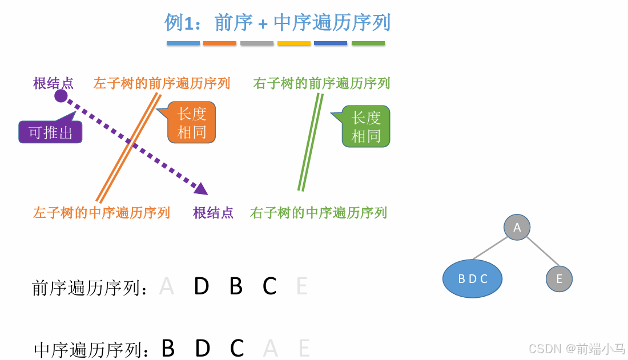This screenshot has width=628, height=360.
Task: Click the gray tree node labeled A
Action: pos(517,227)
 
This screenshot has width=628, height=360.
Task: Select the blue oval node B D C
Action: pos(472,278)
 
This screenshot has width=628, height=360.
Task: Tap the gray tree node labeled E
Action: pos(559,279)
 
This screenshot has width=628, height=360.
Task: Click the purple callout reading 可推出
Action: pos(50,132)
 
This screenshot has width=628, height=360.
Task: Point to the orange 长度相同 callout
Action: pos(192,123)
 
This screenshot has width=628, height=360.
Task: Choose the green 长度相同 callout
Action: pos(366,127)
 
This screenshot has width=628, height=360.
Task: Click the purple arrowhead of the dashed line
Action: pos(200,188)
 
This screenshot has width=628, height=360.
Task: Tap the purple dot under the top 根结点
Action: pos(61,96)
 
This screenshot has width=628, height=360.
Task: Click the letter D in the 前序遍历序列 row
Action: pos(201,286)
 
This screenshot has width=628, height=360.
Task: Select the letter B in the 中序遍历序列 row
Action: pos(168,348)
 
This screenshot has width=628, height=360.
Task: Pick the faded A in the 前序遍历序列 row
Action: pos(167,286)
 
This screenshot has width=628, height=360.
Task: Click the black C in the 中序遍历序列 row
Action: pos(237,348)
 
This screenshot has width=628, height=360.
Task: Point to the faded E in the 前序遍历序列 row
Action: pos(302,286)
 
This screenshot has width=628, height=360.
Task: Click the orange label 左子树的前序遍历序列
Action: pos(162,83)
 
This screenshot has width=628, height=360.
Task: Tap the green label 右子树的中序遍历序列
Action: pos(319,213)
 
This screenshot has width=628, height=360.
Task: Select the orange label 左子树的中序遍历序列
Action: pos(102,213)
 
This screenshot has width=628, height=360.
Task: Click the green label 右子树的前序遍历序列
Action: pos(321,83)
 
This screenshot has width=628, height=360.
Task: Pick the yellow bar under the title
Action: pos(294,43)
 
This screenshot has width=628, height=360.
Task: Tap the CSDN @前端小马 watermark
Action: pos(577,348)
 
